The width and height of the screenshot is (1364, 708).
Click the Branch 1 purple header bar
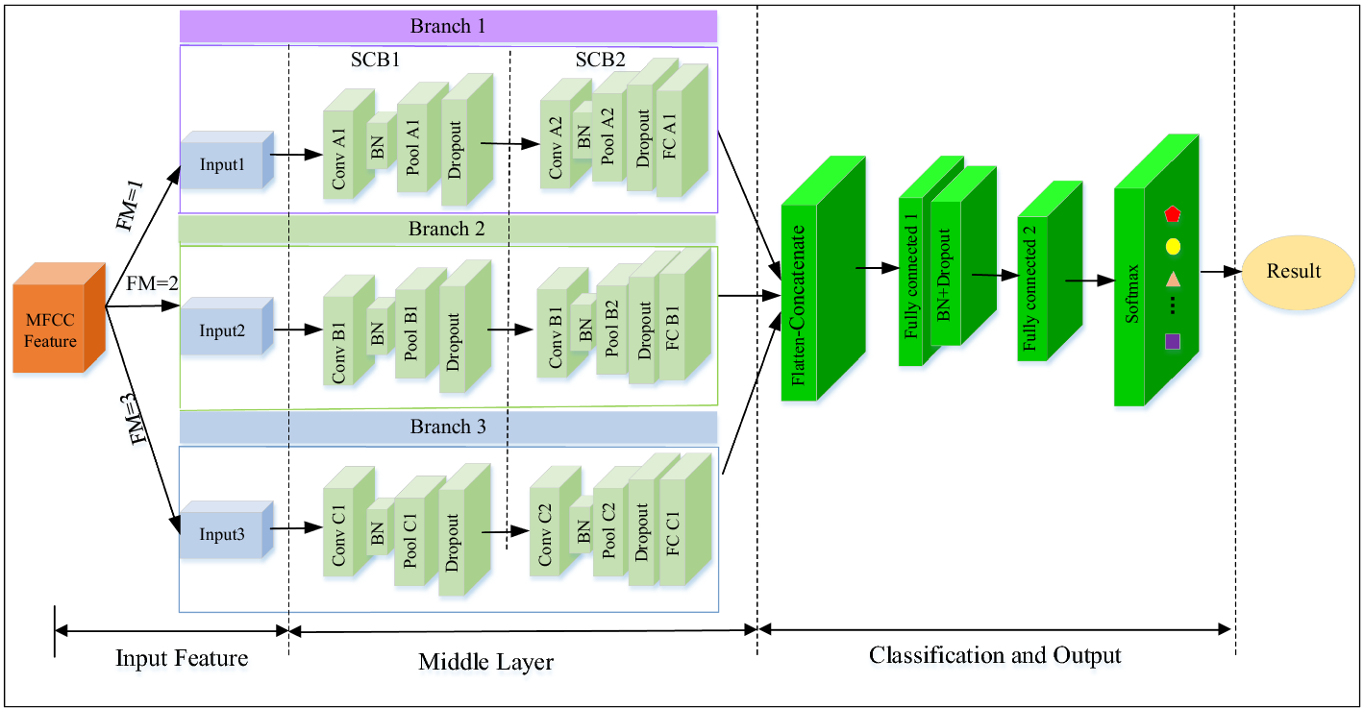coord(448,26)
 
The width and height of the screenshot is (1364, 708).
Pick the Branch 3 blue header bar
coord(448,427)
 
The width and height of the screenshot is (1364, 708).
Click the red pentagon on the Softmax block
coord(1172,213)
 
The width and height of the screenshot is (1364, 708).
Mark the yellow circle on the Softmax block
coord(1173,246)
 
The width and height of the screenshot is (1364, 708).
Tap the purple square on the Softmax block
coord(1172,341)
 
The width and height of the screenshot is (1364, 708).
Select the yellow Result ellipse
coord(1293,271)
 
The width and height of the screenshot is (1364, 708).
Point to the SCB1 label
coord(375,61)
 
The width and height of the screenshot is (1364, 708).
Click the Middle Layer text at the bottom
coord(485,662)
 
